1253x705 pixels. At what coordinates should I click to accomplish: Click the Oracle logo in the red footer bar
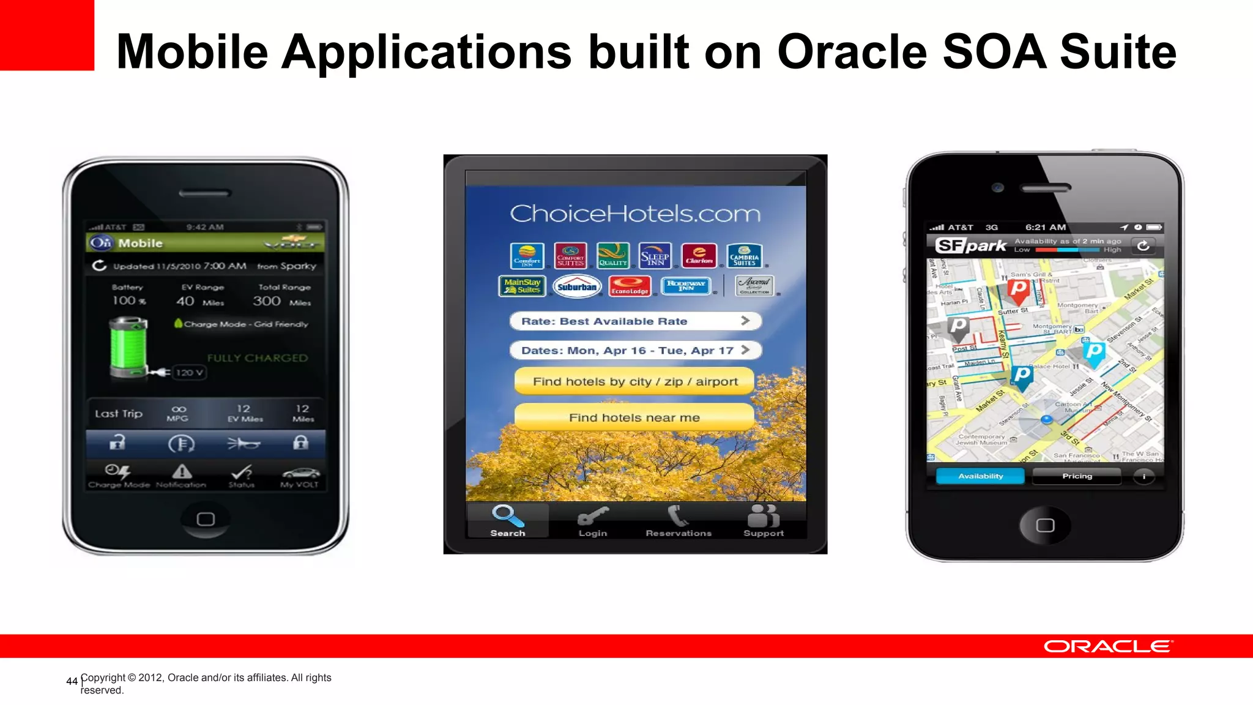coord(1108,646)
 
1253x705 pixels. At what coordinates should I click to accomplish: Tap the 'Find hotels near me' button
coord(634,417)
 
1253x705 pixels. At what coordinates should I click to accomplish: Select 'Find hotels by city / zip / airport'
coord(634,381)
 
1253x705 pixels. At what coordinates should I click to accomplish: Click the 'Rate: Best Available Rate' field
coord(635,321)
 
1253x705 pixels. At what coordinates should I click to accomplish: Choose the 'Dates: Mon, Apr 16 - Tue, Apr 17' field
coord(635,350)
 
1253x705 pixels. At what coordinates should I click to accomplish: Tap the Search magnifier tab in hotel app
coord(508,520)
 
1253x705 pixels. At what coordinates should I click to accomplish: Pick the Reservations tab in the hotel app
coord(679,521)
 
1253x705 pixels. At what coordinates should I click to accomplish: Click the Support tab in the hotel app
coord(764,521)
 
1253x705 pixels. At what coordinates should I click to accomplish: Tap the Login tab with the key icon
coord(593,521)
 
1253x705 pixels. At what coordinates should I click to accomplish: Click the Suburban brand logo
coord(577,286)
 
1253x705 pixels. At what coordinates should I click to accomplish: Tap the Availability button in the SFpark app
coord(980,476)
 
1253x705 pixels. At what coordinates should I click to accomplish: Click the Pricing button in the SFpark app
coord(1077,476)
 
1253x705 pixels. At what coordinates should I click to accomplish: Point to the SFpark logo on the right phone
coord(971,245)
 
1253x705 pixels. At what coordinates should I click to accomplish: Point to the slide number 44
coord(72,681)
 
